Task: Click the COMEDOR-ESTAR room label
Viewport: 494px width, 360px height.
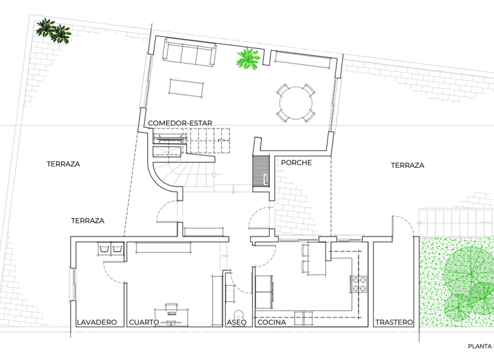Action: [x=180, y=123]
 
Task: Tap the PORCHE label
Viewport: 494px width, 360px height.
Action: [x=296, y=163]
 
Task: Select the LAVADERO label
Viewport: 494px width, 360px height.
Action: [x=96, y=322]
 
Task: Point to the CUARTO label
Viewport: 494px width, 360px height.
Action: [x=143, y=322]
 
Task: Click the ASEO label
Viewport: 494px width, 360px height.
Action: [x=236, y=322]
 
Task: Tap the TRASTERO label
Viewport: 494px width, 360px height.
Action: [x=394, y=322]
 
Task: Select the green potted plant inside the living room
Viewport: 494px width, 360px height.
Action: [x=248, y=59]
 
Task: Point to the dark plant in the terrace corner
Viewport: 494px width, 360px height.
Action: [x=53, y=30]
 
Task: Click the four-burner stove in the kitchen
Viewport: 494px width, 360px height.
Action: [x=358, y=283]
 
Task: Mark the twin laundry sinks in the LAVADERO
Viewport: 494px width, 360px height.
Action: [x=110, y=248]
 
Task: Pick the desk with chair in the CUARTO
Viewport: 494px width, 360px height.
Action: [x=171, y=310]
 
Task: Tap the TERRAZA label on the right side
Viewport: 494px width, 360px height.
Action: [x=407, y=165]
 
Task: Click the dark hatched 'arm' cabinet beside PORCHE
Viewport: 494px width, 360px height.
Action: [x=261, y=172]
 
